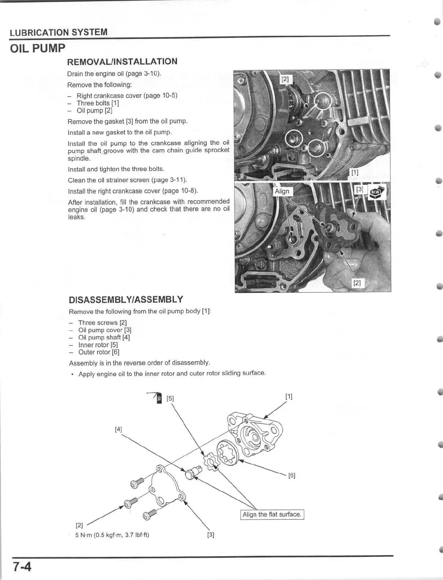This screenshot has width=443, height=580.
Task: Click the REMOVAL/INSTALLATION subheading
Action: (x=122, y=62)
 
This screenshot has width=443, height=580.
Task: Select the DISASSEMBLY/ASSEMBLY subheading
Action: (x=126, y=300)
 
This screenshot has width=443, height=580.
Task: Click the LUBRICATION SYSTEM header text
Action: (x=59, y=32)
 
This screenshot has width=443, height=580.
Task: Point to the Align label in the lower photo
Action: (x=282, y=191)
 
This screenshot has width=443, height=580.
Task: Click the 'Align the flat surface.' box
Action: (x=272, y=514)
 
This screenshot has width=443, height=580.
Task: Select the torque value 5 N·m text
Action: (x=112, y=535)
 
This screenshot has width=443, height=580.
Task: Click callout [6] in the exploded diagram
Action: (x=292, y=476)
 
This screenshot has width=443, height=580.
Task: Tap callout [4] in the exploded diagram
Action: (x=118, y=429)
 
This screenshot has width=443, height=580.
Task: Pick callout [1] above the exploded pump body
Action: (x=289, y=396)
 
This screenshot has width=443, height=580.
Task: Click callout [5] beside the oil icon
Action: (x=170, y=399)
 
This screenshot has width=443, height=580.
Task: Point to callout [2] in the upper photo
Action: (x=285, y=79)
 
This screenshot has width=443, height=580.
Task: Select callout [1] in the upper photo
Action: (x=355, y=172)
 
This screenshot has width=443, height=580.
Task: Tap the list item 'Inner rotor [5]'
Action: (x=98, y=345)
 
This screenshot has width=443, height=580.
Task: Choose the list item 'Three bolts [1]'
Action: (x=97, y=103)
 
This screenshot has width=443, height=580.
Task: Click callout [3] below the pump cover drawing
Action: (x=211, y=535)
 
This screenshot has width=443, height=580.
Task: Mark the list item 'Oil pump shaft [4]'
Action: (x=104, y=337)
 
